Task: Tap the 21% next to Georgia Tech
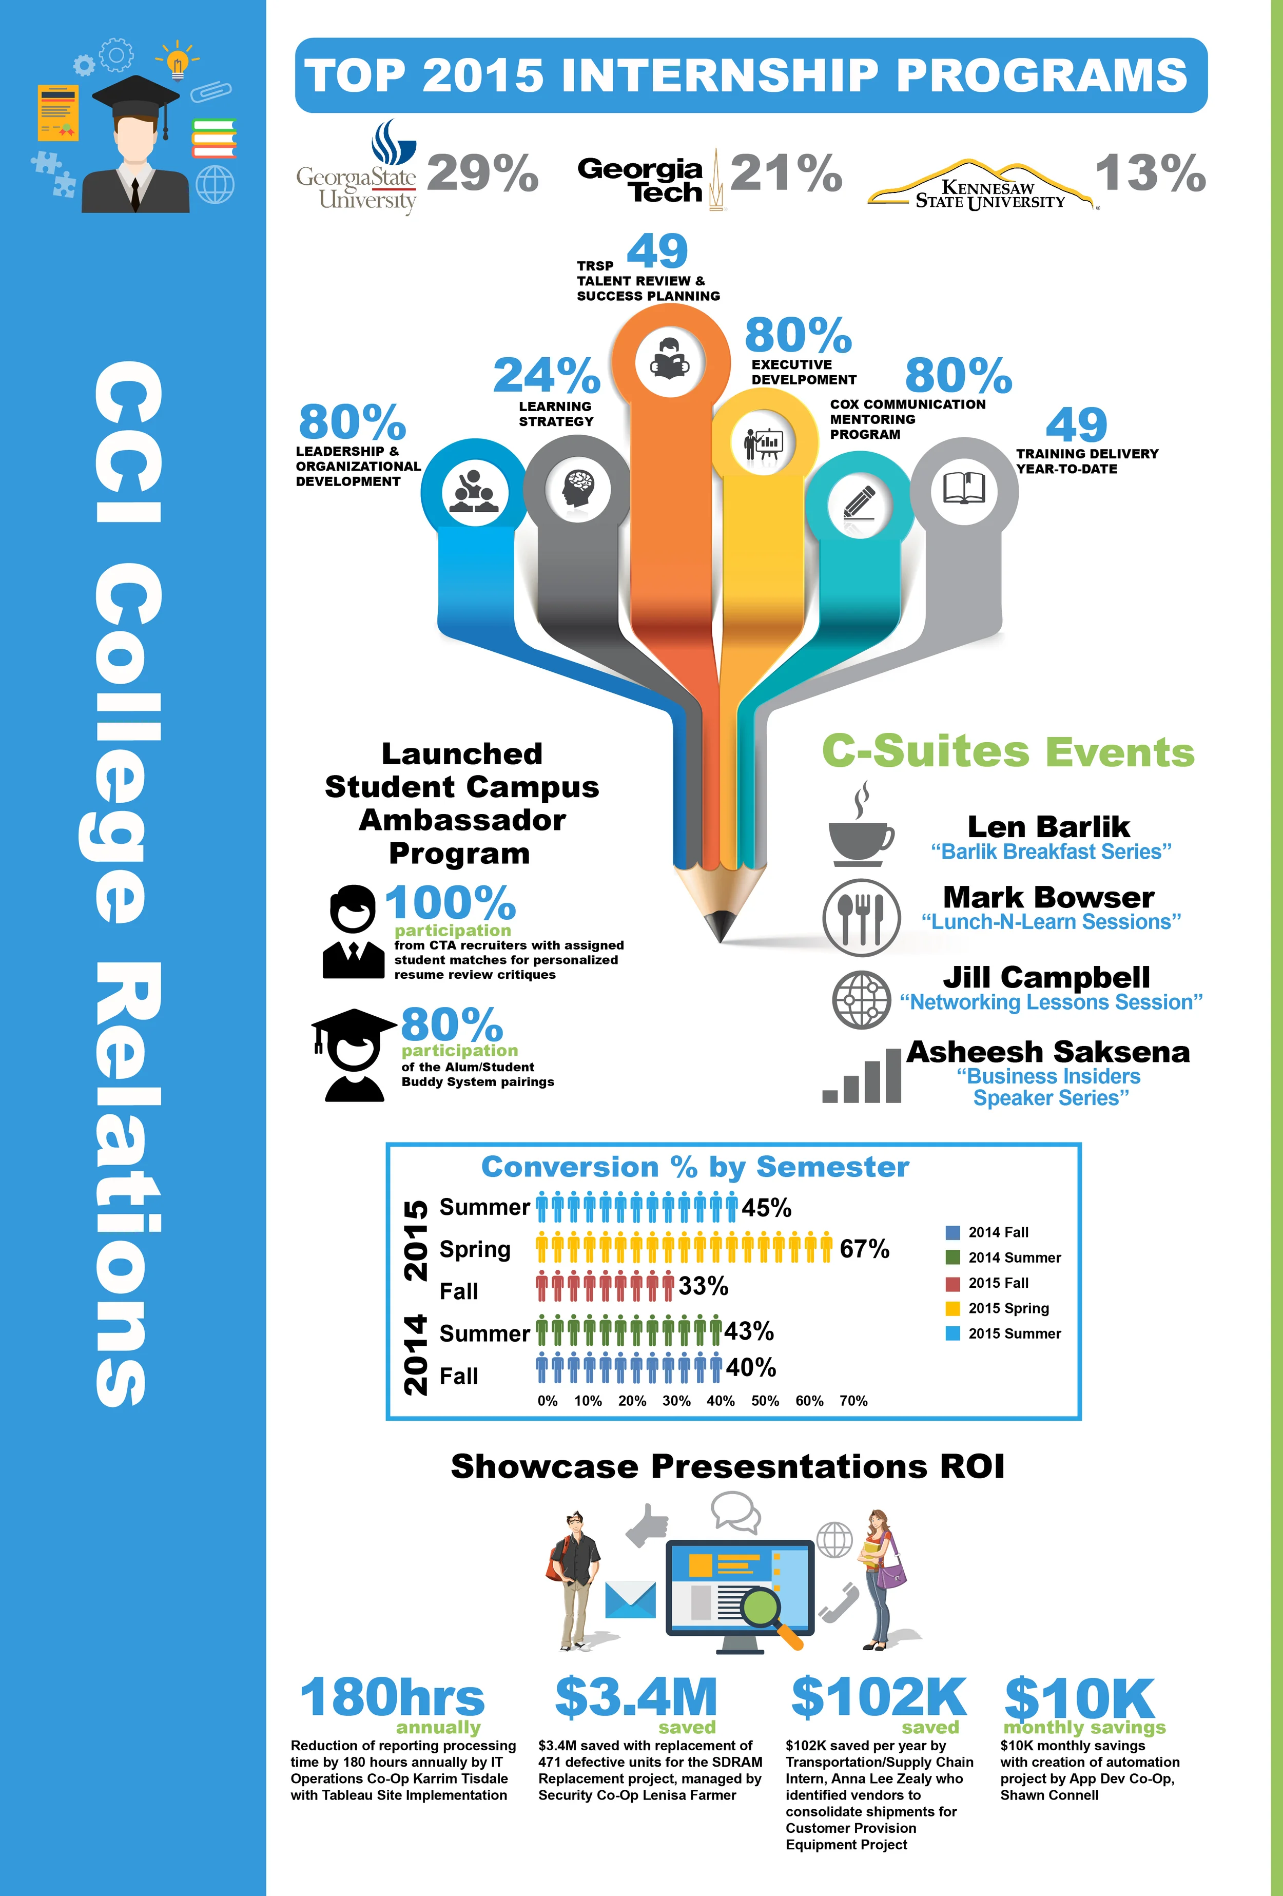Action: click(786, 174)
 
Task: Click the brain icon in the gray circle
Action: click(577, 489)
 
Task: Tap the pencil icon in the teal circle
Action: click(858, 504)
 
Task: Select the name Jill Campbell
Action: click(1046, 977)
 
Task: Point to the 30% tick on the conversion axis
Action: click(676, 1401)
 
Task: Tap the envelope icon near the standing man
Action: click(631, 1599)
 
